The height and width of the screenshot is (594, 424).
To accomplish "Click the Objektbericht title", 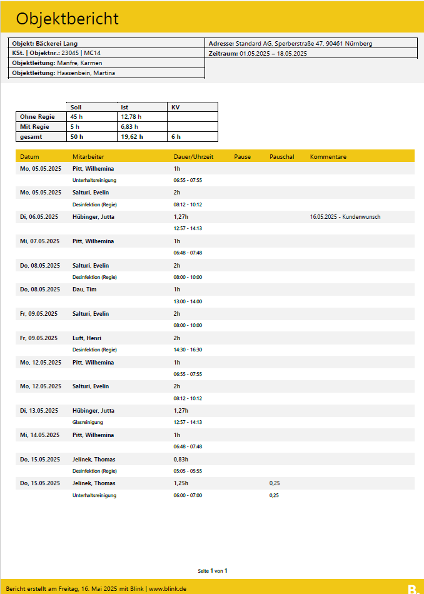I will coord(68,19).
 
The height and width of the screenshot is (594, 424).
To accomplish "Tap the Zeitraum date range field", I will coord(258,54).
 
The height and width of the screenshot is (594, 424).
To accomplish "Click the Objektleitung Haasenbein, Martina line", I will coord(63,73).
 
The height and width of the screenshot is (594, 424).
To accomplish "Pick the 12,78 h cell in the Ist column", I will coord(131,116).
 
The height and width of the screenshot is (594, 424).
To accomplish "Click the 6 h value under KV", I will coord(176,136).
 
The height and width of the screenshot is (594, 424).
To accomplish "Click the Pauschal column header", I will coord(281,156).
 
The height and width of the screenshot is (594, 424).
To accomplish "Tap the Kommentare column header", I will coord(328,156).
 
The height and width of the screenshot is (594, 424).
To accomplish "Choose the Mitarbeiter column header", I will coord(88,156).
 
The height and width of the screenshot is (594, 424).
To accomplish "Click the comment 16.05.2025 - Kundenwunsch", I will coord(345,217).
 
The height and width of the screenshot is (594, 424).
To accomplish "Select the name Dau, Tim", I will coord(85,289).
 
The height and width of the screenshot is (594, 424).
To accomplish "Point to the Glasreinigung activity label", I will coord(88,423).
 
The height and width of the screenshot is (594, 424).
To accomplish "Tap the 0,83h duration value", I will coord(181,459).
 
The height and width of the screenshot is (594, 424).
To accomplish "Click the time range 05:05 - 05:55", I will coord(188,471).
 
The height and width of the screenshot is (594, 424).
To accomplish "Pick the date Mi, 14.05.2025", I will coord(39,435).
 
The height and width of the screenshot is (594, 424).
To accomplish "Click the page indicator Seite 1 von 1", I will coord(212,570).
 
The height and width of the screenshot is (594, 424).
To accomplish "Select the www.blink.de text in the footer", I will coord(168,589).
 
